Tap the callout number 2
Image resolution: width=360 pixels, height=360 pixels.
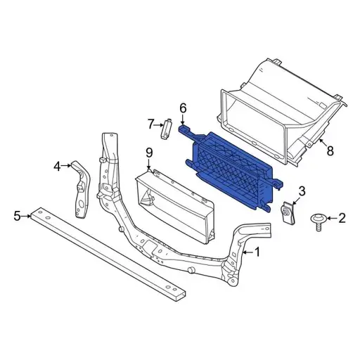tap(342, 219)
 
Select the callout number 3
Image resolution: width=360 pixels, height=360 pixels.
tap(302, 191)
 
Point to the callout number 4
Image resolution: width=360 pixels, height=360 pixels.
tap(57, 167)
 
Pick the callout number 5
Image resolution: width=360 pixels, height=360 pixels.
tap(18, 216)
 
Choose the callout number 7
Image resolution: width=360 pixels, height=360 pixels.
tap(150, 124)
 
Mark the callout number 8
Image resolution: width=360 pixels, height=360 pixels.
tap(330, 149)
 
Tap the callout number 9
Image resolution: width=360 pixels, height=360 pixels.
tap(149, 152)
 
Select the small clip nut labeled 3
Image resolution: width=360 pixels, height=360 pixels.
tap(287, 212)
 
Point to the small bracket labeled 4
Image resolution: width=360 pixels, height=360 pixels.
tap(80, 190)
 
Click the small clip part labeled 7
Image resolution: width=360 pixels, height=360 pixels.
tap(167, 129)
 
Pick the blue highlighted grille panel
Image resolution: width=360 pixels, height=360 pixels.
tap(232, 169)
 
